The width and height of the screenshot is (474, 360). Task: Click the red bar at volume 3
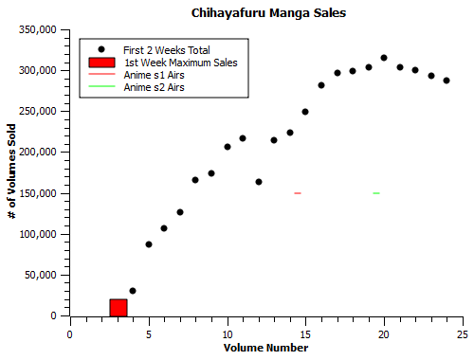point(118,307)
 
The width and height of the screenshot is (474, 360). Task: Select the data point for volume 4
point(133,291)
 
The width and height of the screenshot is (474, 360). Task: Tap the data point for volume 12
point(259,181)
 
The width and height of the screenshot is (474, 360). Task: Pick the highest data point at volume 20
point(384,58)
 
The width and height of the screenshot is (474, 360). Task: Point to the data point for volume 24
point(447,81)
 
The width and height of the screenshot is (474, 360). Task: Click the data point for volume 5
point(149,244)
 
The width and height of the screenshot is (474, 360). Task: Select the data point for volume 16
point(321,85)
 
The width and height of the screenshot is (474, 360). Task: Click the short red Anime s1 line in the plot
point(298,193)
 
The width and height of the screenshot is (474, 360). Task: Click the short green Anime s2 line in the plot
point(376,193)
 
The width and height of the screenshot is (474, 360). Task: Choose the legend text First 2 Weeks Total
point(167,49)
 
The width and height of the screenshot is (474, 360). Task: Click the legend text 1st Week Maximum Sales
point(180,63)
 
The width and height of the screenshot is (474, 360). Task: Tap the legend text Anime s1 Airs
point(154,75)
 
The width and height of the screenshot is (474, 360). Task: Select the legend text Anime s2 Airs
point(154,87)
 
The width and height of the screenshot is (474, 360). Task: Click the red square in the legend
point(100,63)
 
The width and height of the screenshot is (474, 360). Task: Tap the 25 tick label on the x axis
point(463,334)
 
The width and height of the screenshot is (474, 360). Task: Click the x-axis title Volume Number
point(265,348)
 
